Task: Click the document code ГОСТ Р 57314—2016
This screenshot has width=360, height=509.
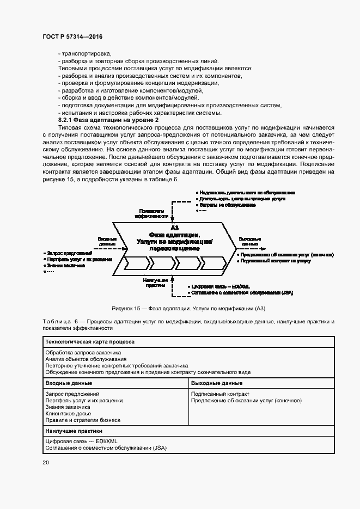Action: click(72, 36)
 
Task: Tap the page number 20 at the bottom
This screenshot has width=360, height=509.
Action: click(46, 462)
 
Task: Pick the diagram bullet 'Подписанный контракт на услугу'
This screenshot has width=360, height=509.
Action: click(273, 261)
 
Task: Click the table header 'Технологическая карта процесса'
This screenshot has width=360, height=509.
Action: click(90, 342)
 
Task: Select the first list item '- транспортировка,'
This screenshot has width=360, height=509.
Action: click(85, 53)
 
